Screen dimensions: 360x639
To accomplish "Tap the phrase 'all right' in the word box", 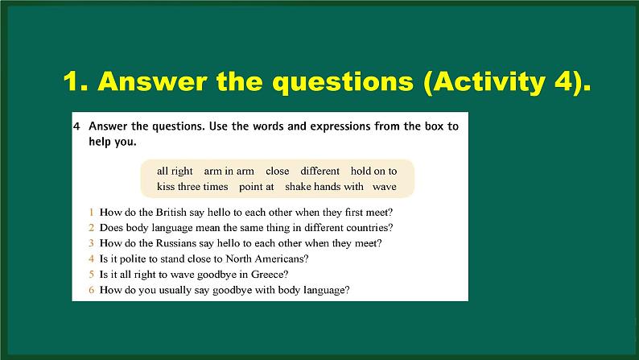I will point(175,171).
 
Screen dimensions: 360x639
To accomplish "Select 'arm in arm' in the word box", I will point(229,171).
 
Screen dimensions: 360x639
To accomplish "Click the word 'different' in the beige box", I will point(320,171).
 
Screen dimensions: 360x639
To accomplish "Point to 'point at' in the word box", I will point(257,187).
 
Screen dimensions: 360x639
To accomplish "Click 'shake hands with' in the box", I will point(324,187).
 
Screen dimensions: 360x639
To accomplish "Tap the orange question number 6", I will point(92,289).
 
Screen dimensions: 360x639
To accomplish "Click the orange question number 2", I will point(92,228).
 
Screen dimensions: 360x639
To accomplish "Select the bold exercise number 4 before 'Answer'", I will point(76,126).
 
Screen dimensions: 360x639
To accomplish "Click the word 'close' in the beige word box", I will point(277,171).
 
